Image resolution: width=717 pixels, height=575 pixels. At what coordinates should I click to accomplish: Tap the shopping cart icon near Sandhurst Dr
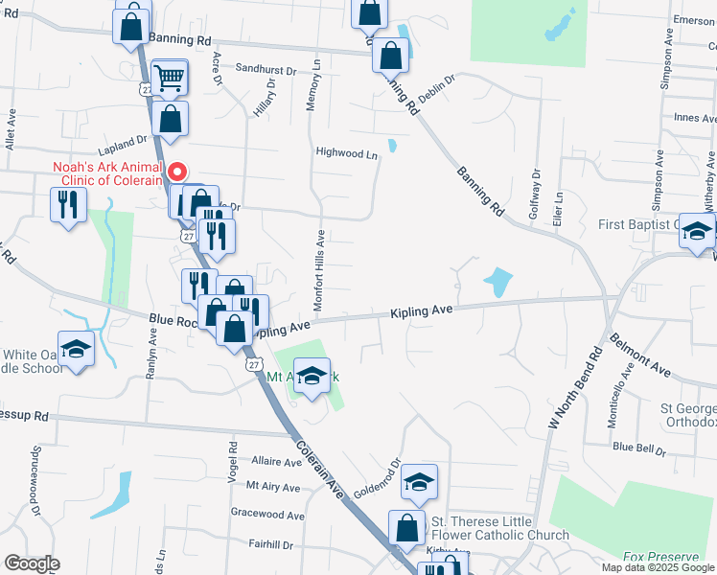tap(169, 79)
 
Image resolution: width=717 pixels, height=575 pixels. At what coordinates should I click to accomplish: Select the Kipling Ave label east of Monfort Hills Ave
tap(420, 311)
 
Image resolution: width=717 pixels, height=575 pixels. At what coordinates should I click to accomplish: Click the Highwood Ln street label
tap(347, 152)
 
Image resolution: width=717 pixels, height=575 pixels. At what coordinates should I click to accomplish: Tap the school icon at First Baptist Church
tap(697, 231)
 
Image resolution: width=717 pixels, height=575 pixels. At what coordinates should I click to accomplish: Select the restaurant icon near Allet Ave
tap(67, 205)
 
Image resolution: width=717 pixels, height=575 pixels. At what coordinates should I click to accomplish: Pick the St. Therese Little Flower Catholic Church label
tap(499, 528)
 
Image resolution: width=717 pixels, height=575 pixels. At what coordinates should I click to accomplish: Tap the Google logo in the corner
tap(32, 563)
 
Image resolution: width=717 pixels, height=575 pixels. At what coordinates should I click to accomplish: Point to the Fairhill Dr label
tap(269, 544)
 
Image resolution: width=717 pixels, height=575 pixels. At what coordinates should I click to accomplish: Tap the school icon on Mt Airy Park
tap(312, 376)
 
